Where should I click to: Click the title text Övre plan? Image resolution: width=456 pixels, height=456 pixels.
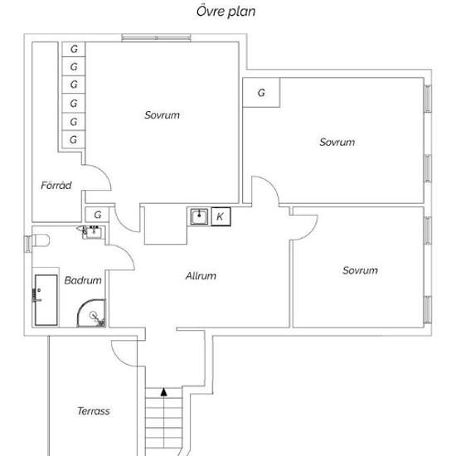[226, 12]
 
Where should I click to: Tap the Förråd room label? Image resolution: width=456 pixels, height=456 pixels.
[56, 185]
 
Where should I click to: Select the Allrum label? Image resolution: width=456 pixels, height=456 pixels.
[201, 276]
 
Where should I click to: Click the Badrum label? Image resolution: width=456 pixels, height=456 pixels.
[83, 280]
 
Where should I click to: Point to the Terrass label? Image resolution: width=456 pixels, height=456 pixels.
[94, 411]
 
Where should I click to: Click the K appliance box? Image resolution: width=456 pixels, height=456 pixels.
[221, 216]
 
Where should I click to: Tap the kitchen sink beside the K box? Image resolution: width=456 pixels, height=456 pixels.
[199, 216]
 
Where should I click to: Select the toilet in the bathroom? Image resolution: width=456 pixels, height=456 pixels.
[41, 240]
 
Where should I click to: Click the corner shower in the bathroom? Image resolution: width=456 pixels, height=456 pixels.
[91, 313]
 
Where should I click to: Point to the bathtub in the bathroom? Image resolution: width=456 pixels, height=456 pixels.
[46, 300]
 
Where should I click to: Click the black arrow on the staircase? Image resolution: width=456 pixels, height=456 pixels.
[164, 392]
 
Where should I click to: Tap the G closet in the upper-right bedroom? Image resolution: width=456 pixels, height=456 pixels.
[261, 93]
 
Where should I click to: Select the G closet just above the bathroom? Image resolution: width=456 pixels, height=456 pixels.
[97, 215]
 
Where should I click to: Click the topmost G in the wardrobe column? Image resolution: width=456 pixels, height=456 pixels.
[74, 49]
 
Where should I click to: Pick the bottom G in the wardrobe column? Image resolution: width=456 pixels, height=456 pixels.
[74, 139]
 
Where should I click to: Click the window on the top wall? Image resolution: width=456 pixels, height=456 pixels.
[156, 37]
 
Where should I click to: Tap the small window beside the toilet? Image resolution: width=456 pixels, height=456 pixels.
[27, 244]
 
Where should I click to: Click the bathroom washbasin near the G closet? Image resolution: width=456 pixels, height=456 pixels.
[93, 232]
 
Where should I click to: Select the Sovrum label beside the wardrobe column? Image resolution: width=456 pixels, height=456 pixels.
[162, 115]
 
